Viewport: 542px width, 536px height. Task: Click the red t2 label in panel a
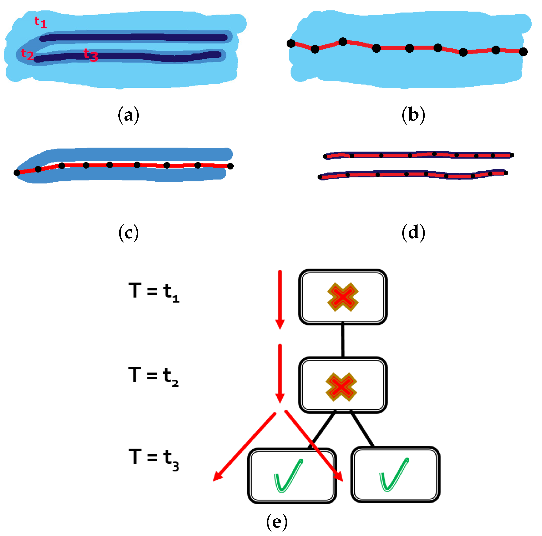pos(27,54)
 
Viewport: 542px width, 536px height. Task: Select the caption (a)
pos(128,115)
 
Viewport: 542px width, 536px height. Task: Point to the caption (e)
pos(277,522)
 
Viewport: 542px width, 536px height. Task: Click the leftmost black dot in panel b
pos(291,43)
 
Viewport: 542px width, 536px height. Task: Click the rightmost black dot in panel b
pos(523,52)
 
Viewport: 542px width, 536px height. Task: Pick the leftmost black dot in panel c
pos(17,173)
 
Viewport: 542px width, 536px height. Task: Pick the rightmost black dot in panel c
pos(230,166)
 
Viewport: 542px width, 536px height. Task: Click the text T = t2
pos(153,376)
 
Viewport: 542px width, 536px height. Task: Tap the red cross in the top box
pos(343,297)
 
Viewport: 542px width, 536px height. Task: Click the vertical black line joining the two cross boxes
pos(343,340)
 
